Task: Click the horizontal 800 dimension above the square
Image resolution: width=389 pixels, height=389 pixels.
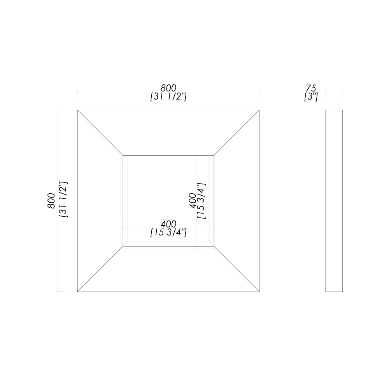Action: point(168,88)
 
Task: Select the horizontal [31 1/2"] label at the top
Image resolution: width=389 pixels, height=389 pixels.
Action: point(168,97)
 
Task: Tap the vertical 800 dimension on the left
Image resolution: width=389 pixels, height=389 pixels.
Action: point(51,201)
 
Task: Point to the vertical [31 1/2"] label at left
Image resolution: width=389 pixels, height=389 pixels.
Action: point(63,200)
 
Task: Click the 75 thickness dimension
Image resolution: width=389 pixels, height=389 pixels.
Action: point(311,88)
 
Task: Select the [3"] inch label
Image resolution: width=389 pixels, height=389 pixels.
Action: point(311,97)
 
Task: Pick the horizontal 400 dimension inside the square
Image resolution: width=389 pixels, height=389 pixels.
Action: point(168,224)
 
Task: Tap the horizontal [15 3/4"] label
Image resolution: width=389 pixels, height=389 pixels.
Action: point(168,233)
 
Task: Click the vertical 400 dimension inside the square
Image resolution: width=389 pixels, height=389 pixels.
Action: point(193,201)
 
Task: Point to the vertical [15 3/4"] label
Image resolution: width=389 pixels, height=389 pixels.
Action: point(202,201)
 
